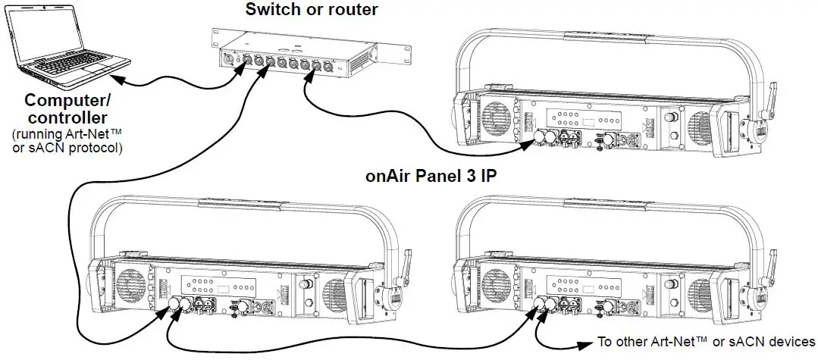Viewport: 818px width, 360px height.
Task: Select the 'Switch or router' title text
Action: tap(312, 10)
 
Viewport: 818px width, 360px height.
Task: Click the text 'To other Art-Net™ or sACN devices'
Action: tap(706, 342)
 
